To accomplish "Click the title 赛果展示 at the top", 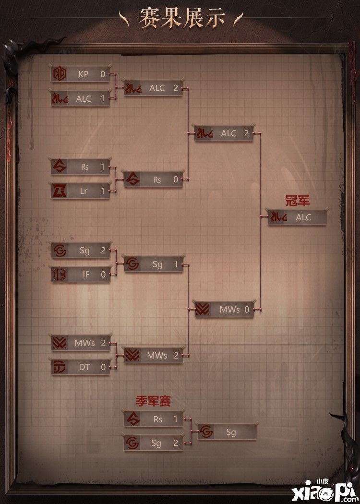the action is (182, 18).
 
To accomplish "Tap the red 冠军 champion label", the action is (297, 201).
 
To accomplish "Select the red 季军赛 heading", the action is (153, 401).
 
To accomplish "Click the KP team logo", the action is (60, 74).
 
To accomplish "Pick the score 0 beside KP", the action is (103, 74).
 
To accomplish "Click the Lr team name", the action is (84, 191).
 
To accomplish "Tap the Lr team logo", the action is (60, 191).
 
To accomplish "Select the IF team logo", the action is (60, 275).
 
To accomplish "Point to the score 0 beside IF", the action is (103, 275).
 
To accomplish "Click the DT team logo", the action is (60, 367).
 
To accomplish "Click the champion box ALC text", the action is (304, 217).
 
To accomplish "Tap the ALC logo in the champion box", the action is (278, 217).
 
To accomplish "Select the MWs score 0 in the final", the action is (247, 310).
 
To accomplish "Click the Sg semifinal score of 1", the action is (176, 264).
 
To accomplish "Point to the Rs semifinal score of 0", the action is (176, 180).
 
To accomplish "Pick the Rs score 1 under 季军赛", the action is (176, 419).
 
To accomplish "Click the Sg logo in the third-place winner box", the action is (206, 432).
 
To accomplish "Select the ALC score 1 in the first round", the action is (103, 99).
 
